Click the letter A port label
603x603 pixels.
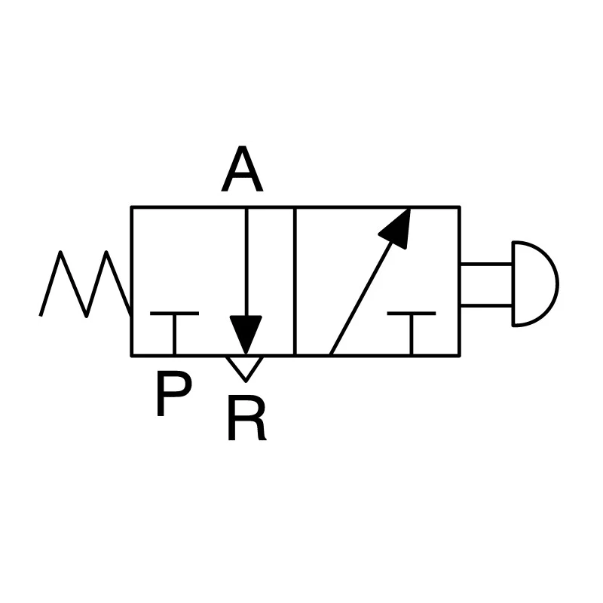tap(242, 168)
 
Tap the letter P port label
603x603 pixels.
tap(174, 393)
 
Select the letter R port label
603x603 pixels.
tap(247, 418)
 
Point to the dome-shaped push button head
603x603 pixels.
tap(534, 284)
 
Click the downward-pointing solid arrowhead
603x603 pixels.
tap(246, 332)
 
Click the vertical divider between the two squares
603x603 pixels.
tap(295, 281)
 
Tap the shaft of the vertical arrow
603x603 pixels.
tap(246, 262)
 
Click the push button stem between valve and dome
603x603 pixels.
tap(486, 285)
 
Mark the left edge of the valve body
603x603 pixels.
tap(131, 281)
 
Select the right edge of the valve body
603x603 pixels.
tap(460, 281)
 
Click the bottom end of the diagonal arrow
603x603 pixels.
tap(331, 354)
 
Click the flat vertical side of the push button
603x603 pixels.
tap(513, 284)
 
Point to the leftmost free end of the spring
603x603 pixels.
tap(41, 316)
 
